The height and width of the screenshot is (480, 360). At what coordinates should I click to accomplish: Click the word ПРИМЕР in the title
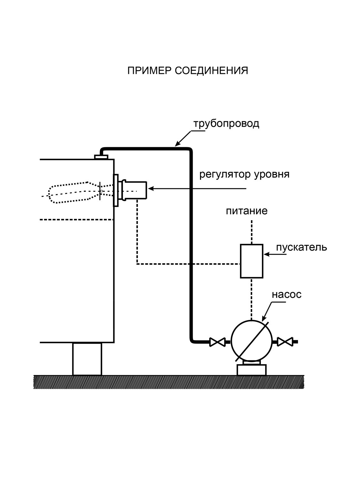[149, 71]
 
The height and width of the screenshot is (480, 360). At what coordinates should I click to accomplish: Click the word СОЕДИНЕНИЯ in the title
[212, 71]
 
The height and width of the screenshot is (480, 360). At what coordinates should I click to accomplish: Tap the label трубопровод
[226, 124]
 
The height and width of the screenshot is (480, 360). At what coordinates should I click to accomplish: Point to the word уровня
[272, 175]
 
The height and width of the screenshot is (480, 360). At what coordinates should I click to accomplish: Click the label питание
[247, 211]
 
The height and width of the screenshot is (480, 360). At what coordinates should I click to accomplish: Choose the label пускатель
[301, 248]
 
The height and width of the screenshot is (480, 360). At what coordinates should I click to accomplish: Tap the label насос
[286, 295]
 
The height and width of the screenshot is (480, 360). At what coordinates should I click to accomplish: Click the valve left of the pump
[217, 342]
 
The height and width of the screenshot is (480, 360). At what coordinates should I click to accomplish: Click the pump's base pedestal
[252, 370]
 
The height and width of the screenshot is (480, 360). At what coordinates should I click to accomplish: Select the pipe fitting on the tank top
[101, 157]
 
